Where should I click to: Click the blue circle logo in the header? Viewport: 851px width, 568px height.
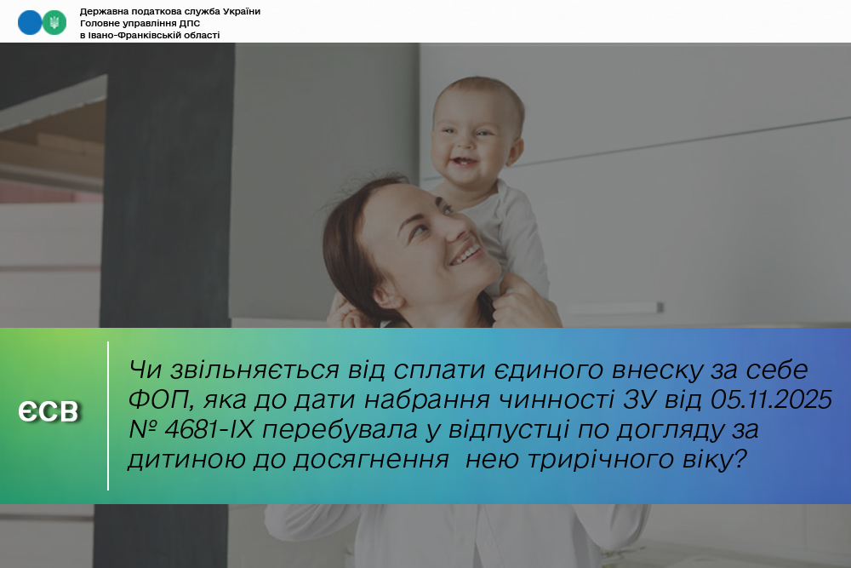tap(29, 23)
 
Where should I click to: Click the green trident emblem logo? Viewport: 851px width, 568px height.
tap(54, 23)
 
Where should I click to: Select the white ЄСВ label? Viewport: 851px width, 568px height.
tap(49, 411)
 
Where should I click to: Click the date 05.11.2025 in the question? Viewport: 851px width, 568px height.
tap(771, 399)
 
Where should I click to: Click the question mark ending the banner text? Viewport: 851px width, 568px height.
tap(740, 459)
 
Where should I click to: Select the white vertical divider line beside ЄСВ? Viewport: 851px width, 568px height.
tap(108, 416)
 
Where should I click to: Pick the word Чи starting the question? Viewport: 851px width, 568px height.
tap(145, 370)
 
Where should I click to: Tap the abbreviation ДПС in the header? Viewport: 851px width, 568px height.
tap(190, 23)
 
